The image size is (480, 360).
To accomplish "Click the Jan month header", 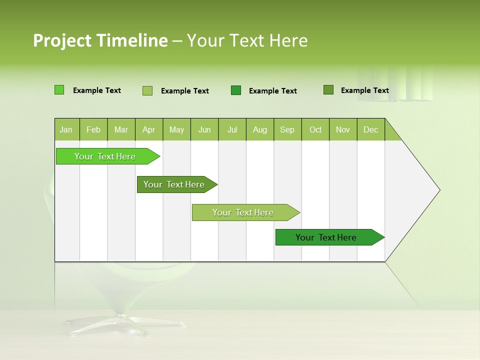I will click(66, 129).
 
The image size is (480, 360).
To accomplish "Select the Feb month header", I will click(93, 129).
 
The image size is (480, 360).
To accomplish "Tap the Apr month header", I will click(149, 129).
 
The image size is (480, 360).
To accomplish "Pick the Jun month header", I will click(204, 129).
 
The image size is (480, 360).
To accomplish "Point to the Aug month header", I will click(260, 129).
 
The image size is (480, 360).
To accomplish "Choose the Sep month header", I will click(287, 129).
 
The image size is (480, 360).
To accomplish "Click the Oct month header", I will click(315, 129).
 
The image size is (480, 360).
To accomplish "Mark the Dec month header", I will click(371, 129).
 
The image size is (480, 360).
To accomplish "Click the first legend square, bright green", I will click(59, 90).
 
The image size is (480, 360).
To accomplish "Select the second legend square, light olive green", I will click(147, 90).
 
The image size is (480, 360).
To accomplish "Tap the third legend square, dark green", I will click(236, 90).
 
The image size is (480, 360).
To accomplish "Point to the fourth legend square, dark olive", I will click(328, 90).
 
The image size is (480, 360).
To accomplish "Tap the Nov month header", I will click(343, 129).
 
